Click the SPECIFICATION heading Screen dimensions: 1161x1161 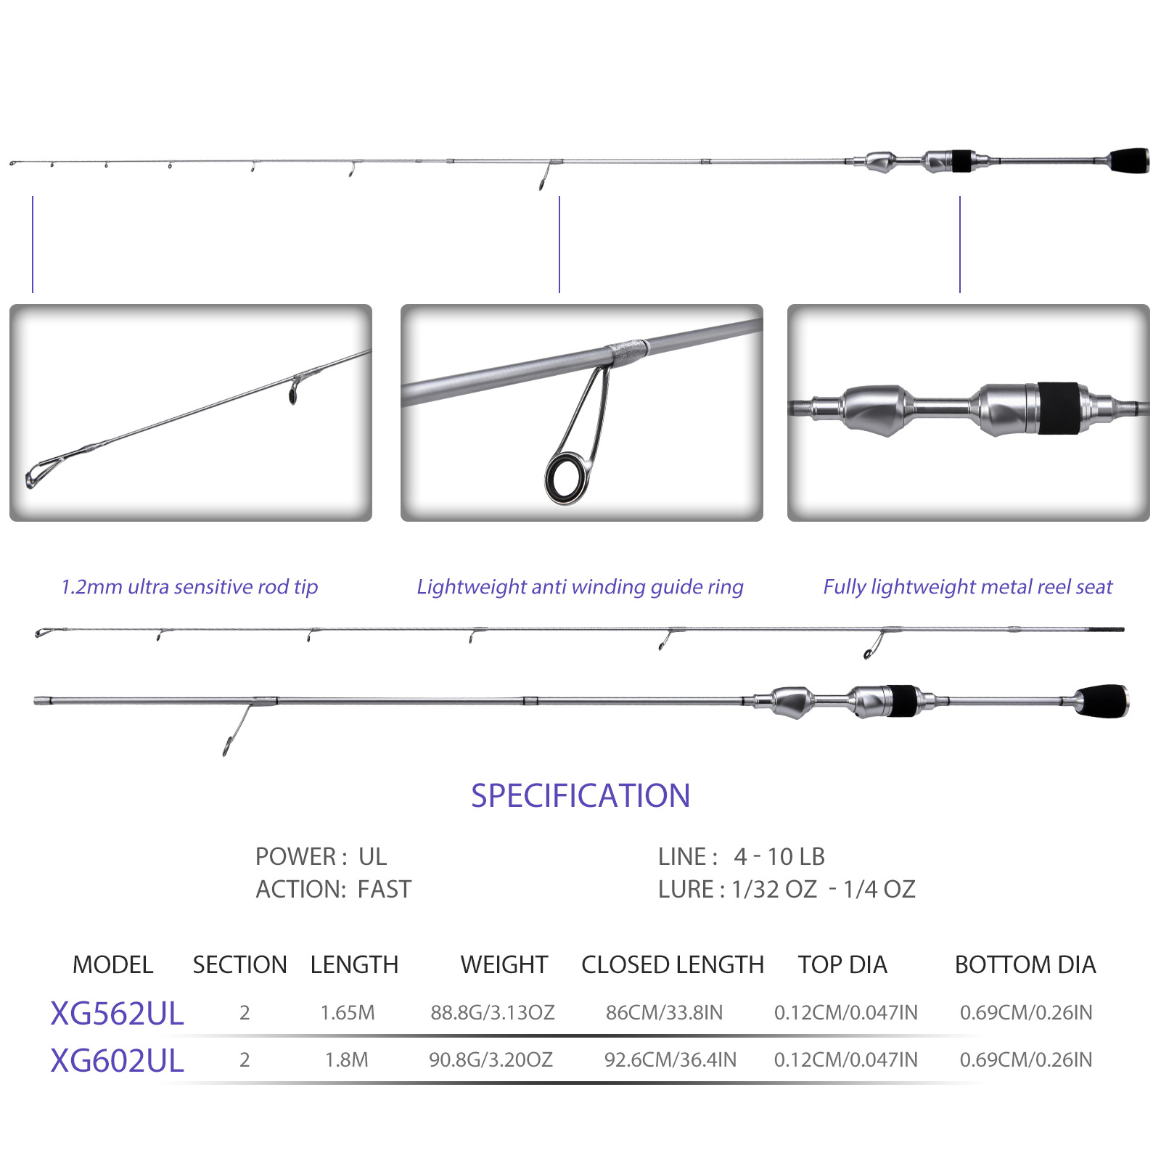pyautogui.click(x=580, y=796)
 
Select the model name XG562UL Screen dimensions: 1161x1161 pyautogui.click(x=117, y=1013)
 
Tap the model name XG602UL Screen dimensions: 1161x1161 pyautogui.click(x=117, y=1061)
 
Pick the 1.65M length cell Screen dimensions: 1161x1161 pyautogui.click(x=348, y=1012)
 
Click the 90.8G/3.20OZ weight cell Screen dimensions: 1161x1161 pyautogui.click(x=491, y=1059)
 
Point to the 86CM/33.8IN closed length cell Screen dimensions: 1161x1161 pyautogui.click(x=664, y=1012)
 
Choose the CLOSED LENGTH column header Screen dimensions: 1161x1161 pyautogui.click(x=673, y=964)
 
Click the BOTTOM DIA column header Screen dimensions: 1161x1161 pyautogui.click(x=1025, y=964)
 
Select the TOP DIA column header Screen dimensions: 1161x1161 pyautogui.click(x=842, y=964)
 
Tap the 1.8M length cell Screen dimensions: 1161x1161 pyautogui.click(x=347, y=1059)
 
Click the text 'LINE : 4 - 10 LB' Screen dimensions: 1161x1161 pyautogui.click(x=742, y=856)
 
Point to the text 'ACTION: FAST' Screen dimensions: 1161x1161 pyautogui.click(x=333, y=889)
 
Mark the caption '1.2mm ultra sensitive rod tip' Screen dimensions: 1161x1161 pyautogui.click(x=189, y=586)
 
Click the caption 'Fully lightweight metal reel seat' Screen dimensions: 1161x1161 pyautogui.click(x=967, y=586)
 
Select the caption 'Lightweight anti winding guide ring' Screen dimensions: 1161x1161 pyautogui.click(x=580, y=586)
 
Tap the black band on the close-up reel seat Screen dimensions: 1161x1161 pyautogui.click(x=1058, y=409)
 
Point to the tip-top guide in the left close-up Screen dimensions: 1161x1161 pyautogui.click(x=38, y=473)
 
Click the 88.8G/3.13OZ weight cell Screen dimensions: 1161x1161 pyautogui.click(x=493, y=1012)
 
